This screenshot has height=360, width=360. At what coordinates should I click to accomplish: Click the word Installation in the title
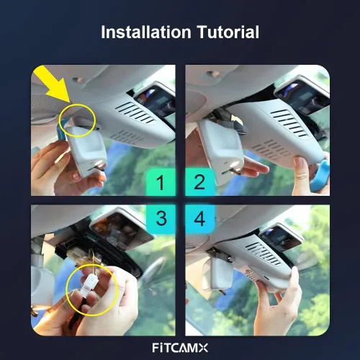[x=146, y=32]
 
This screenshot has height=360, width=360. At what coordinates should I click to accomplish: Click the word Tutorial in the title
[x=228, y=32]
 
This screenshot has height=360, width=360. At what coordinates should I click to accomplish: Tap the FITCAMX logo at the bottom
[x=180, y=348]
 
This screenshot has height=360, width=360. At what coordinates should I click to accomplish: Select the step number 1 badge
[x=161, y=182]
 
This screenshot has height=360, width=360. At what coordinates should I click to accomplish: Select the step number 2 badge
[x=199, y=182]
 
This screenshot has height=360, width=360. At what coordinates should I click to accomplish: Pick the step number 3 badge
[x=161, y=219]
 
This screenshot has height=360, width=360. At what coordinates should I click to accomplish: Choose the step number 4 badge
[x=199, y=219]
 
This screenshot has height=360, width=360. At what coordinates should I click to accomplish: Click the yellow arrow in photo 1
[x=53, y=84]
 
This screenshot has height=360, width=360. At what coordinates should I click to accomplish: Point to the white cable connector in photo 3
[x=90, y=282]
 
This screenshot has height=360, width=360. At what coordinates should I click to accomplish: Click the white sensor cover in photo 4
[x=217, y=273]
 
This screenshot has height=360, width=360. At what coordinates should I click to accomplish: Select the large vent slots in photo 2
[x=289, y=123]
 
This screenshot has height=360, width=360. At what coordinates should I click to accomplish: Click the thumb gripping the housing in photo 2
[x=301, y=166]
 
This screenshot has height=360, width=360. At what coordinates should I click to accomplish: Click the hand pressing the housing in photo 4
[x=276, y=300]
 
